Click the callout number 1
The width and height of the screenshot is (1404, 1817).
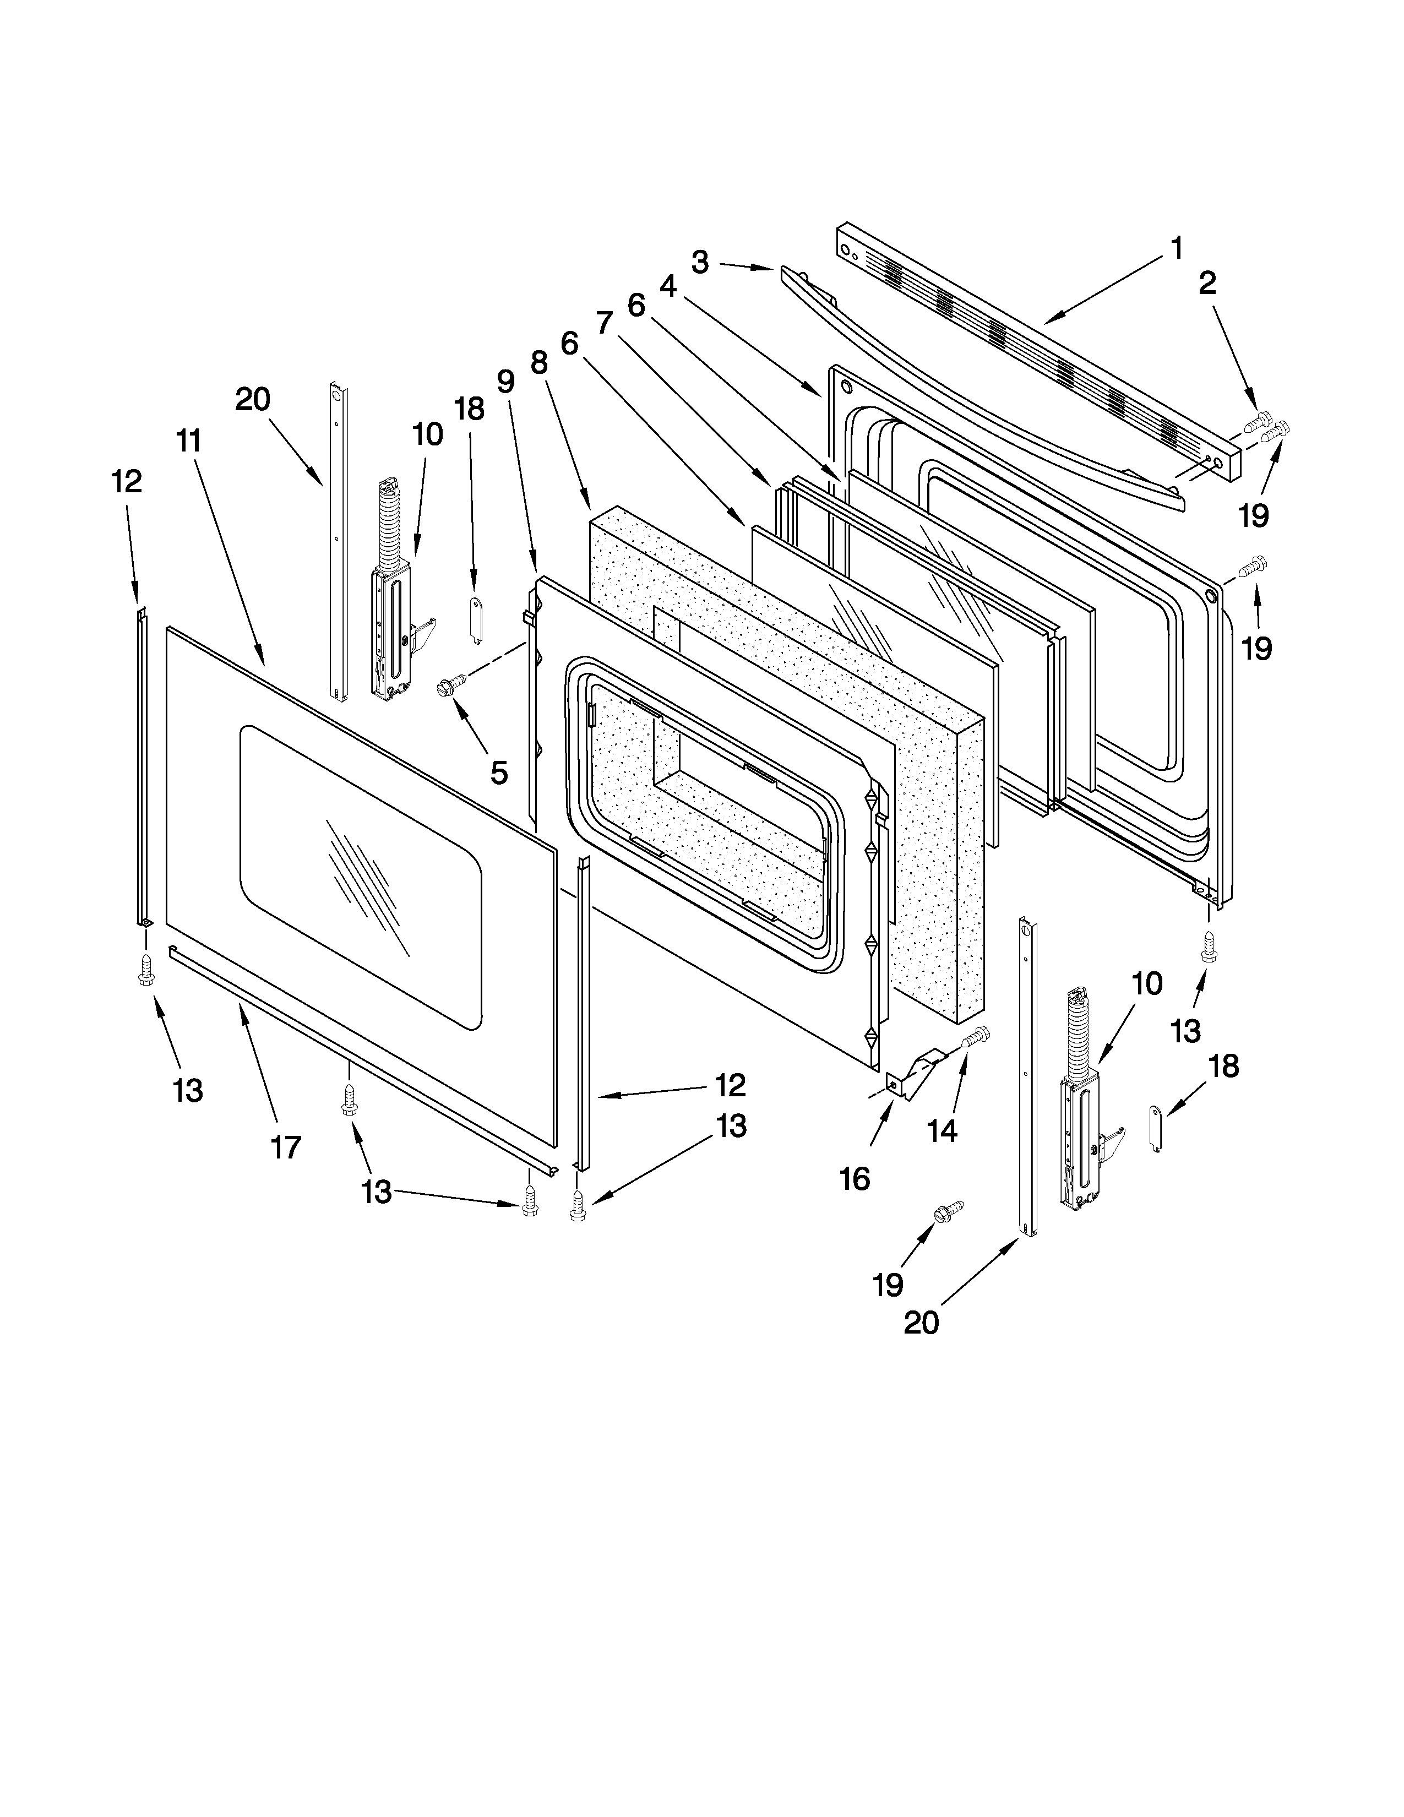1176,248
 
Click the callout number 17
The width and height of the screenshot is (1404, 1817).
285,1148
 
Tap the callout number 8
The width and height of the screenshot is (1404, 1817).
539,363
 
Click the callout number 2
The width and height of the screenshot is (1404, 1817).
1207,284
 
